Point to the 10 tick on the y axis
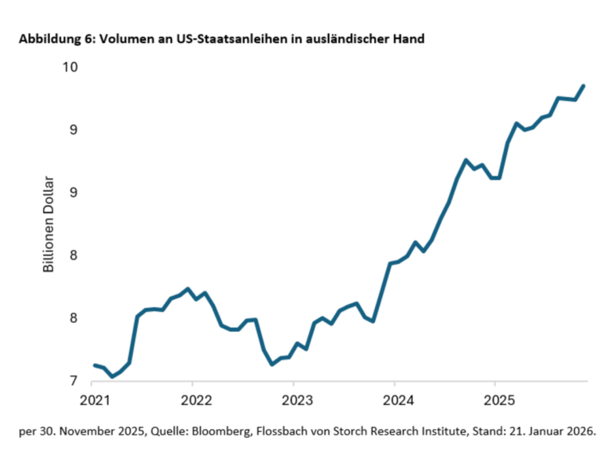[70, 67]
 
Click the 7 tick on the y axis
[74, 381]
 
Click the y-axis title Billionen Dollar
[49, 224]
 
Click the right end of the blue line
[584, 86]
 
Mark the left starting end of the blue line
[95, 365]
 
